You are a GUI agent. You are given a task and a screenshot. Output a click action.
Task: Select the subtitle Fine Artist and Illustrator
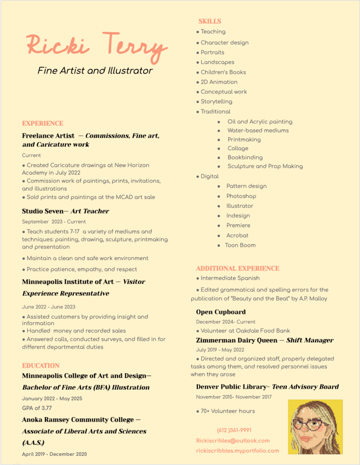(x=95, y=70)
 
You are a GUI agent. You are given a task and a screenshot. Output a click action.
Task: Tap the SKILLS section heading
(x=210, y=21)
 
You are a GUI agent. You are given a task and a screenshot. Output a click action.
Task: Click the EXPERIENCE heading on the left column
(x=43, y=124)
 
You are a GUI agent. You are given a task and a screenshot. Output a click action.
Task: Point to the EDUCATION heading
(x=41, y=366)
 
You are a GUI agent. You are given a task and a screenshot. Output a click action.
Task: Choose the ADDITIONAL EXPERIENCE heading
(x=238, y=268)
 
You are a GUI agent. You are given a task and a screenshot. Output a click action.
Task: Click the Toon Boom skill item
(x=240, y=245)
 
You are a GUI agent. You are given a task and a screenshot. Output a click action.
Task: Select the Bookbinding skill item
(x=245, y=158)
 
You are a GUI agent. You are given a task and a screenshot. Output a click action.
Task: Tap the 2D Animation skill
(x=219, y=82)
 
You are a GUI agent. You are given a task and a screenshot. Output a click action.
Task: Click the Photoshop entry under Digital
(x=241, y=196)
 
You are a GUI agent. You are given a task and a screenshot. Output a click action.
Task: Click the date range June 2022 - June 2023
(x=49, y=307)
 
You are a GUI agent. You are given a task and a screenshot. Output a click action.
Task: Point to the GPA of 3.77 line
(x=37, y=408)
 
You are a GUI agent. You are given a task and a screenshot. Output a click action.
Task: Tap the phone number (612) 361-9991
(x=234, y=430)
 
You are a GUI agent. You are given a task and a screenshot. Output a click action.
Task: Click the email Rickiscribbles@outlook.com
(x=233, y=440)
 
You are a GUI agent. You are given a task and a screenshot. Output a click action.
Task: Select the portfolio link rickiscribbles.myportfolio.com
(x=237, y=451)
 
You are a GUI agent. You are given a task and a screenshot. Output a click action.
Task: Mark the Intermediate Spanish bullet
(x=230, y=278)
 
